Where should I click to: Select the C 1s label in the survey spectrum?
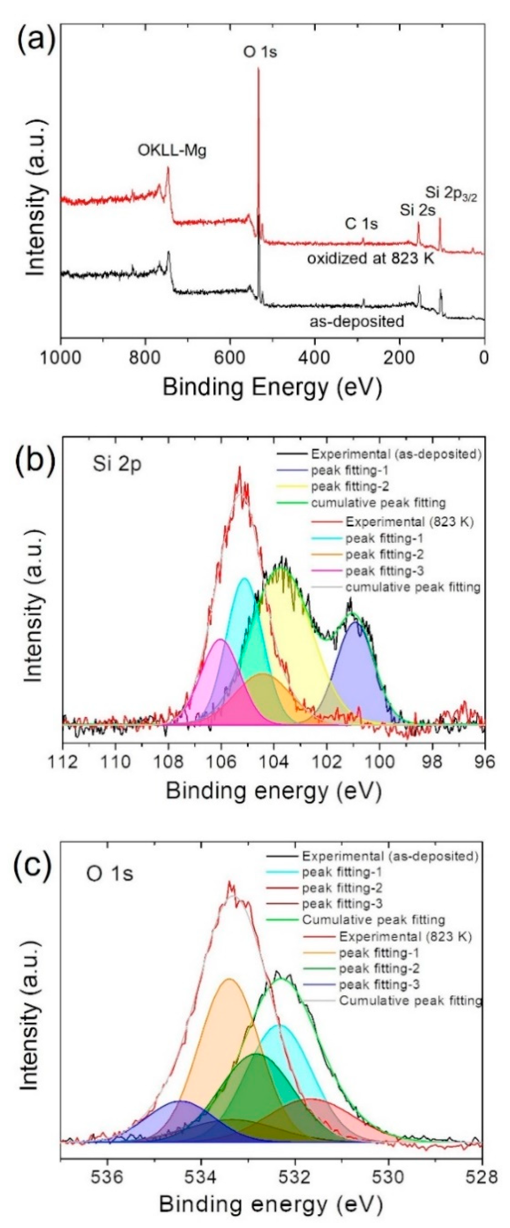coord(361,223)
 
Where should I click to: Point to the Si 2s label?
coord(418,210)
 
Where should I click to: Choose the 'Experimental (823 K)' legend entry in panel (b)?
coord(409,522)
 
